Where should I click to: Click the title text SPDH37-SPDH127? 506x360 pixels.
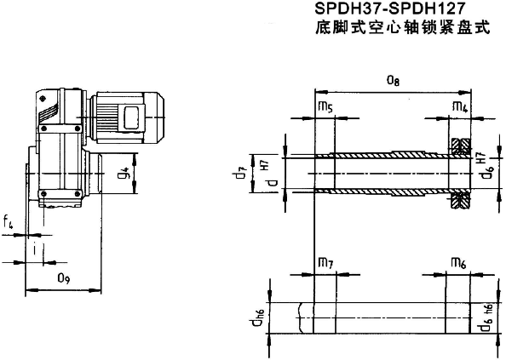(389, 9)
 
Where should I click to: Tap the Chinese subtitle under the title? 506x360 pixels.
(402, 27)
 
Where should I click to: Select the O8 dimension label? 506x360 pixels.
(393, 81)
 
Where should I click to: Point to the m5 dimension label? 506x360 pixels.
(325, 107)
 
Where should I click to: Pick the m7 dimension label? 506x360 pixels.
(325, 264)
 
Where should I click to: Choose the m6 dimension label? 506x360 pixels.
(458, 263)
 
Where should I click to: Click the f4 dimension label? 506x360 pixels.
(8, 222)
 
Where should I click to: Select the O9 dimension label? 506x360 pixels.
(64, 277)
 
